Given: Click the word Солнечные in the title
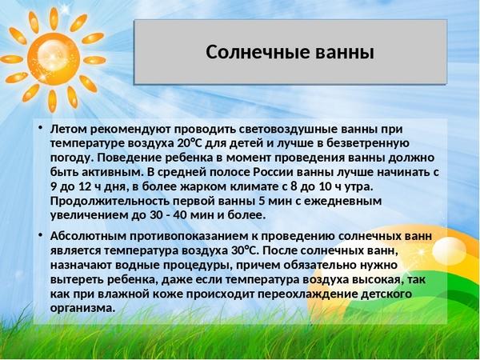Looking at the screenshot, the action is click(x=258, y=52).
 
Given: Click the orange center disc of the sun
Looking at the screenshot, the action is click(x=54, y=58).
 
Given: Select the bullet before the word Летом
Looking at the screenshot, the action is click(x=40, y=127).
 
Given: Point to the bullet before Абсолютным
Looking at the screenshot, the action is click(x=40, y=234).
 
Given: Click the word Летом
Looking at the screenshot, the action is click(x=69, y=129).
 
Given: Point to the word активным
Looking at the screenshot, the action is click(x=112, y=172).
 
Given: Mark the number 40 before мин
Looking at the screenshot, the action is click(x=180, y=215).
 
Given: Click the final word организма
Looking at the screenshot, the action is click(x=82, y=308).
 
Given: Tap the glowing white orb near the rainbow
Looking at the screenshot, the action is click(x=449, y=251).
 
